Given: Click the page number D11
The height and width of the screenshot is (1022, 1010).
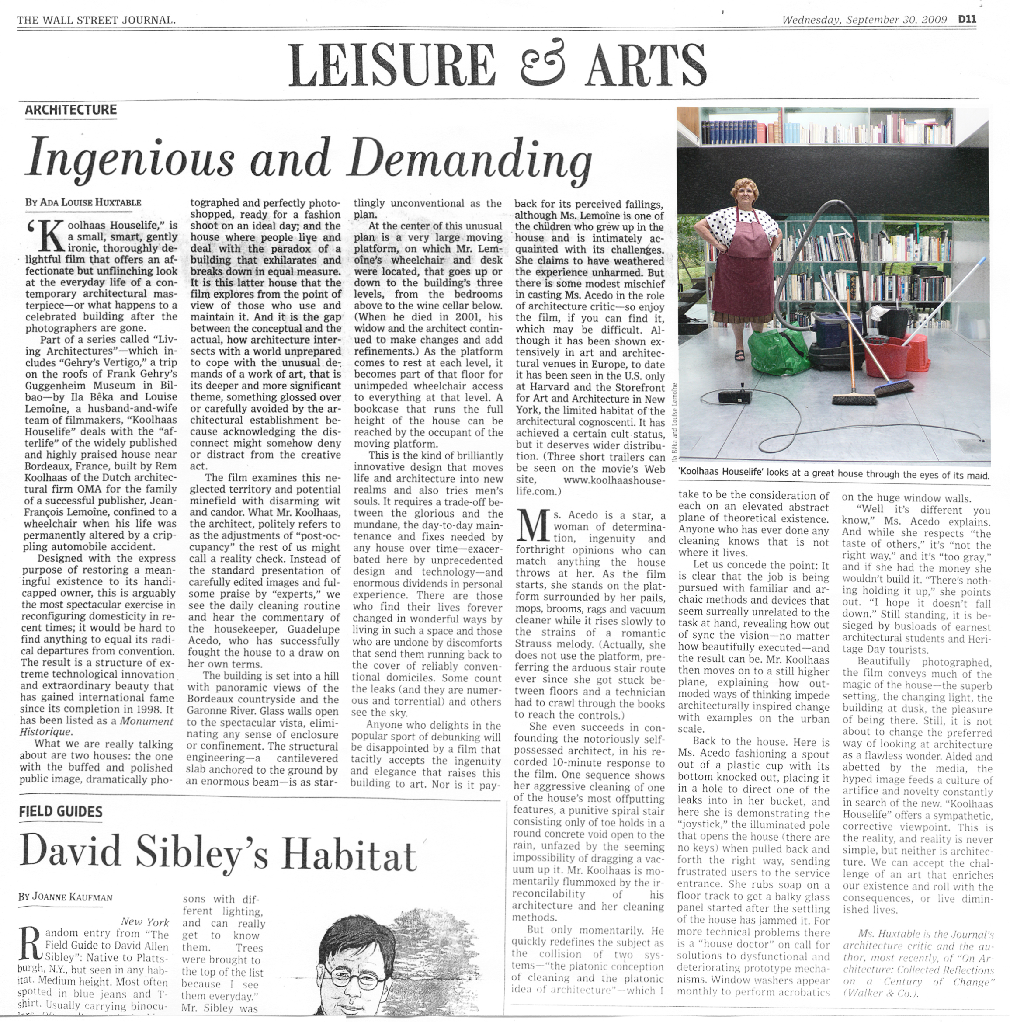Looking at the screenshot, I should (x=967, y=20).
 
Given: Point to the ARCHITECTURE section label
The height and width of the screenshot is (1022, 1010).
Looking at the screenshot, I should (x=71, y=110).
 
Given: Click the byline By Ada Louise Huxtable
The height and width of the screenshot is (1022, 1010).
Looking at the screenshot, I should (x=83, y=202).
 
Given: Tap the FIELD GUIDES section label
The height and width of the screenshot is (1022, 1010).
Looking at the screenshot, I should (x=61, y=811).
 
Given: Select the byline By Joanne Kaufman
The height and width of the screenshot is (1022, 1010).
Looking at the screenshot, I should (x=65, y=897).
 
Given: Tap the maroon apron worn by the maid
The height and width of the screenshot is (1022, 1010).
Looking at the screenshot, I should (x=740, y=264).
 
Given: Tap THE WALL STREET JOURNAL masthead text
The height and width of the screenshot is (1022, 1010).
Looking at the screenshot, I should (x=96, y=21).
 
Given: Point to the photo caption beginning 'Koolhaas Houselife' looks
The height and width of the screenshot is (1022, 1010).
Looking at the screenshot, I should (x=834, y=475).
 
